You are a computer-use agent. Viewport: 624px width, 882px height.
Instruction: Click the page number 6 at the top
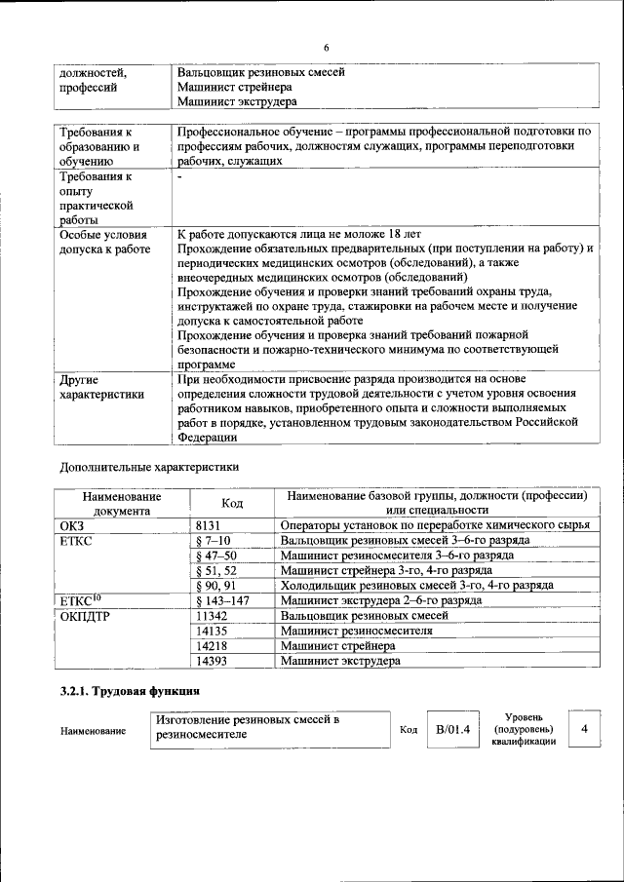coord(327,48)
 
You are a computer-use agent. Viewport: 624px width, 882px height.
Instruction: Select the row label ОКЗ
coord(73,524)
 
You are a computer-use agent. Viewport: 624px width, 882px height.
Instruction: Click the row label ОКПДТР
coord(85,616)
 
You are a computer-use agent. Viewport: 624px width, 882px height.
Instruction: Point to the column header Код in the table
coord(232,502)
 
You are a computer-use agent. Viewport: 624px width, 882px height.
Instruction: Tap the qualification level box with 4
coord(584,728)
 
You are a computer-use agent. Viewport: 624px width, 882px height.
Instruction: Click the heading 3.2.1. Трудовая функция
coord(131,691)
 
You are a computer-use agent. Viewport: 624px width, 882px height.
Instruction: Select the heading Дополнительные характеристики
coord(149,466)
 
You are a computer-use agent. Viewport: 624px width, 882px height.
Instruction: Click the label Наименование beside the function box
coord(93,730)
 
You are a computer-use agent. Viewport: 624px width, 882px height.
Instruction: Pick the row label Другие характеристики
coord(101,387)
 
